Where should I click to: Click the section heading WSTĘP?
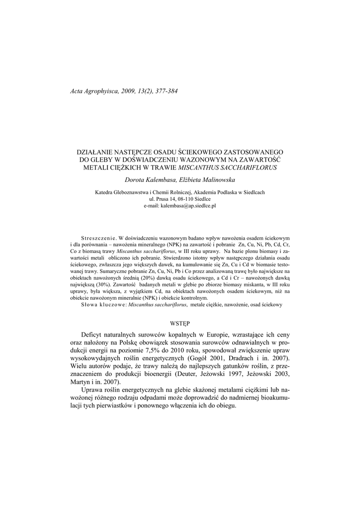[180, 323]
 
